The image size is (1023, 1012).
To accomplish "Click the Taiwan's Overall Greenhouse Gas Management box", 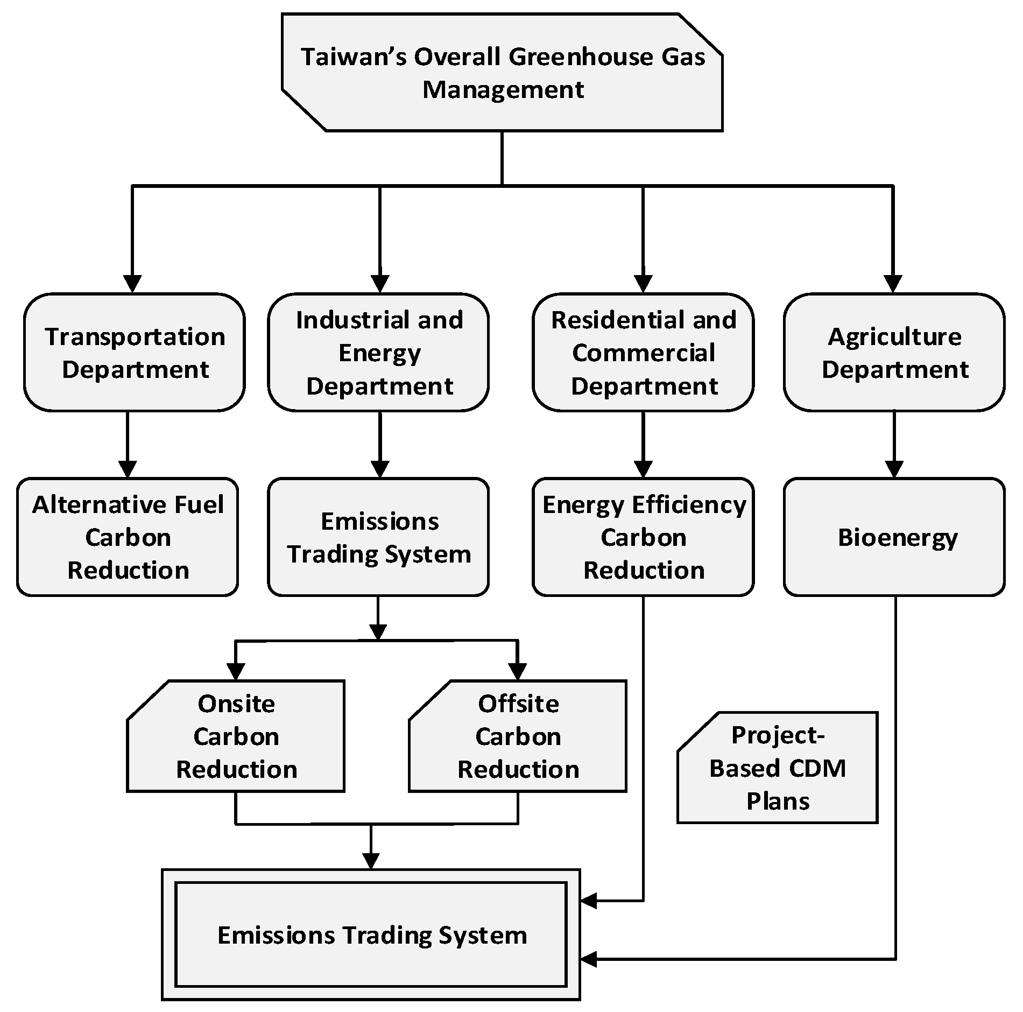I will coord(502,73).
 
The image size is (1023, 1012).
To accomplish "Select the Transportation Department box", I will coord(135,353).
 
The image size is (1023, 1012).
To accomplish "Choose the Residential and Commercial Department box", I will coord(643,353).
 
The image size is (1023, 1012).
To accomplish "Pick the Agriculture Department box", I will coord(894,353).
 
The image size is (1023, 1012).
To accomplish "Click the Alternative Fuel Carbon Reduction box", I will coord(128,537).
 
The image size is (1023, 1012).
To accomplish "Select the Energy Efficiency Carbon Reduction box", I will coord(643,537).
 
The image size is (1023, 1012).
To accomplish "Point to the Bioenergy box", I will coord(894,537).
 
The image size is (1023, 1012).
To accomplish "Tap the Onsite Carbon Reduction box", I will coord(236,736).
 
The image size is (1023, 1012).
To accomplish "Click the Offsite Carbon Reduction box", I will coord(518,736).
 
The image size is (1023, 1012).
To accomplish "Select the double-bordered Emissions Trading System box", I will coord(371,935).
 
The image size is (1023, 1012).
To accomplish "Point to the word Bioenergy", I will coord(898,538).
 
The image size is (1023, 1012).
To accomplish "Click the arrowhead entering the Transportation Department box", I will coord(132,283).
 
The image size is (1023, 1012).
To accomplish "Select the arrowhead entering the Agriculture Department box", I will coord(893,283).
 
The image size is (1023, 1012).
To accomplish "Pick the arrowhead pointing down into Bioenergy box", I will coord(894,469).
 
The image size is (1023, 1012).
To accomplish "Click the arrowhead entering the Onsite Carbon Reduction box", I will coord(235,671).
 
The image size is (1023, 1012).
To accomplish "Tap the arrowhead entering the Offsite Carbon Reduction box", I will coord(518,671).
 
